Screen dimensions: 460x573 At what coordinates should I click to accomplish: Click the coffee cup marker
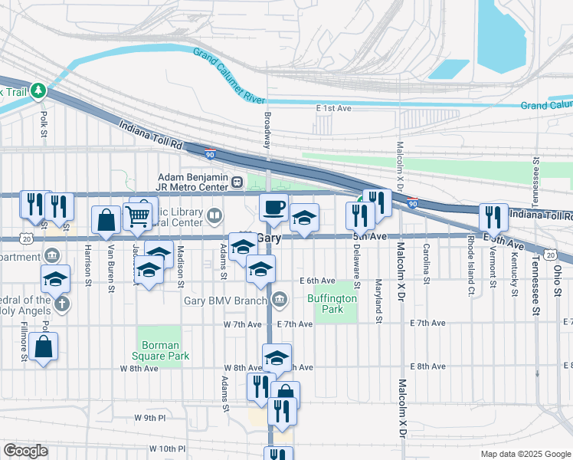274,207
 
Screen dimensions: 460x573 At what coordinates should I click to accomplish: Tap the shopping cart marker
137,216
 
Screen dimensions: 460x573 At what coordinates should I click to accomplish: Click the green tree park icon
38,91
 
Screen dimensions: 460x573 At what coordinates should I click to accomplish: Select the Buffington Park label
332,304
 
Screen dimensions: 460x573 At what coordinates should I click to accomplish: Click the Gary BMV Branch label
227,300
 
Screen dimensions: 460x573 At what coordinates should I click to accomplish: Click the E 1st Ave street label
333,109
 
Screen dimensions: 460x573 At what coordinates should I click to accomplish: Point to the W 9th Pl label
149,418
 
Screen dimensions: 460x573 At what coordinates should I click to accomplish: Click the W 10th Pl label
168,448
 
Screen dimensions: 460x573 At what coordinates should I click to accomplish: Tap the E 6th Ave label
318,281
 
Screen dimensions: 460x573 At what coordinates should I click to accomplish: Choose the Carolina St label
426,263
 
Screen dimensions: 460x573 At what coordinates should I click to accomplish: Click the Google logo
25,451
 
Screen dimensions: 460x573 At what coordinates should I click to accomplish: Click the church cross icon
61,304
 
